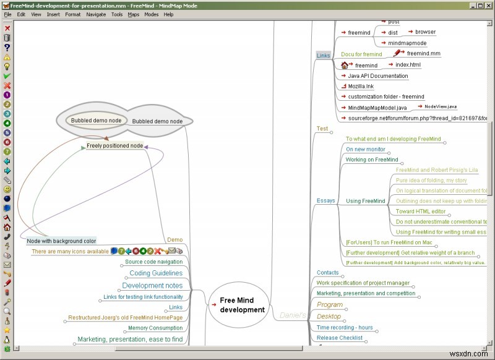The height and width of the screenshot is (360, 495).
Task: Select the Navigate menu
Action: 96,14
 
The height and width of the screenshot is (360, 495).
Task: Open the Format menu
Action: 72,14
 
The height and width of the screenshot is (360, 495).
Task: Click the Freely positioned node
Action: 114,146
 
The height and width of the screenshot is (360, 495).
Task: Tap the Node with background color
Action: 61,240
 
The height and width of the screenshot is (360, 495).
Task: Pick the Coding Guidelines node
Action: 155,273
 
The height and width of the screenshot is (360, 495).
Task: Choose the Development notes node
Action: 152,285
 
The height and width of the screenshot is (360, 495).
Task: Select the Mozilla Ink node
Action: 360,87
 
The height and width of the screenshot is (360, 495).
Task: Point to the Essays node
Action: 325,200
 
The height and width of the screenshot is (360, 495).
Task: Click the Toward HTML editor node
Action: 420,211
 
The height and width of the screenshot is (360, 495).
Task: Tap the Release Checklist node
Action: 339,338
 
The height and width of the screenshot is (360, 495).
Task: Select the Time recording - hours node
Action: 345,327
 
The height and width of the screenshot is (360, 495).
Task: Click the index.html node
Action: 407,64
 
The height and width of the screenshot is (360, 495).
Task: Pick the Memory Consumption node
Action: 155,328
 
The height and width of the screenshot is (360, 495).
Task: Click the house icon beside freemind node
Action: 345,65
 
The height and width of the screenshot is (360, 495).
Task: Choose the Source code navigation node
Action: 153,262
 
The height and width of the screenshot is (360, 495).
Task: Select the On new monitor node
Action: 365,149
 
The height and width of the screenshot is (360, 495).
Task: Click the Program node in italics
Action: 330,304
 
